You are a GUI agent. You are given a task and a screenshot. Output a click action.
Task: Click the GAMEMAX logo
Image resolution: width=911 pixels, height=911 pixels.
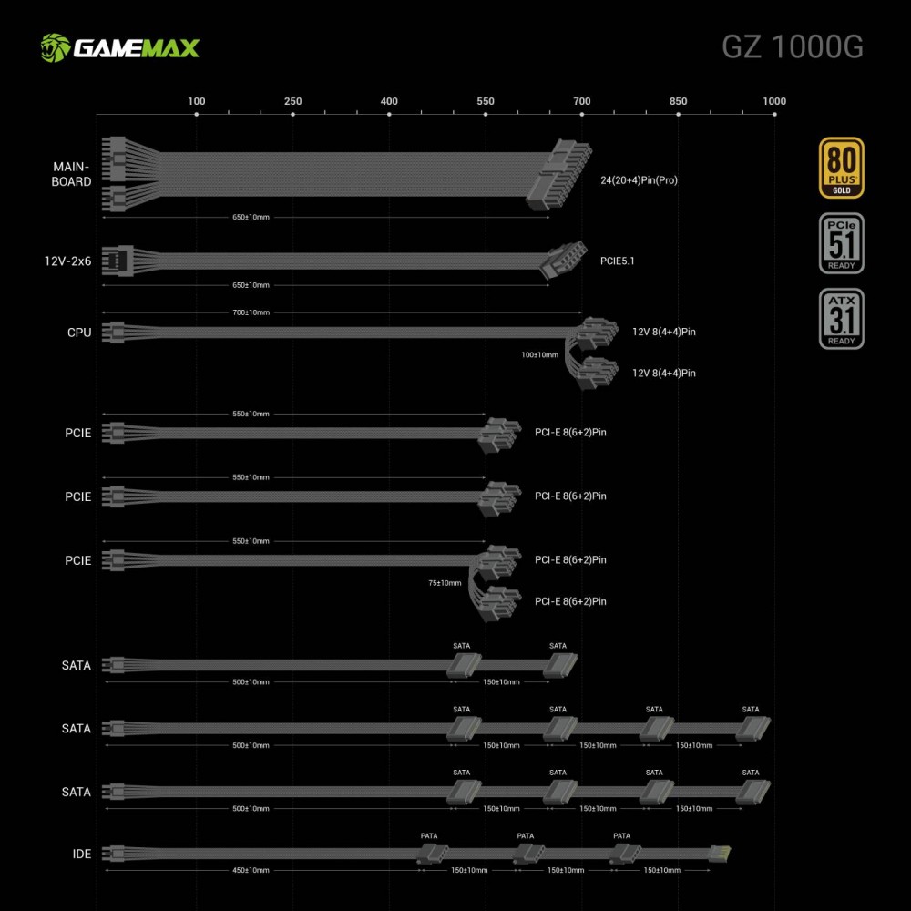[120, 47]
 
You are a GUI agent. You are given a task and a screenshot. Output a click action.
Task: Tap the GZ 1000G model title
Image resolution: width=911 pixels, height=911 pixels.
[793, 47]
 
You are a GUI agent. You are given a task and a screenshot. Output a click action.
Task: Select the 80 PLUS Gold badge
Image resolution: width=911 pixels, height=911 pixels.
[841, 168]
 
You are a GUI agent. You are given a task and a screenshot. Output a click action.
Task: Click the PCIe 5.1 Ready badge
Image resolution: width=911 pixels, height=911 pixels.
[841, 243]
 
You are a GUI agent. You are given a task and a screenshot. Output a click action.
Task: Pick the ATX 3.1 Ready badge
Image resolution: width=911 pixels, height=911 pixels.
[841, 319]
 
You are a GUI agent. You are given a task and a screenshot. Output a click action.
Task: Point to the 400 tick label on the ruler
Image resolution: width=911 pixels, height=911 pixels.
[389, 101]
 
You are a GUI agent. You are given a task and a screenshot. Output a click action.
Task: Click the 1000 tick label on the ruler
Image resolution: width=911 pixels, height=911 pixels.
[774, 101]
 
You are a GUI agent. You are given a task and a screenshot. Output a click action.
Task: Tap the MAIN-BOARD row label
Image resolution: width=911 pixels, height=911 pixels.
[71, 174]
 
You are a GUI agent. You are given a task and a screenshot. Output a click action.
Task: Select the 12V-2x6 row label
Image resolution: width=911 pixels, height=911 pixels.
[68, 261]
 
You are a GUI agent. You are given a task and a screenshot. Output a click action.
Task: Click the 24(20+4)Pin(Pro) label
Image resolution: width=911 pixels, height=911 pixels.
[640, 180]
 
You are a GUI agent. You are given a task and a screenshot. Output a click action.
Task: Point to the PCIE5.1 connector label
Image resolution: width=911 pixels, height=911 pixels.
[617, 261]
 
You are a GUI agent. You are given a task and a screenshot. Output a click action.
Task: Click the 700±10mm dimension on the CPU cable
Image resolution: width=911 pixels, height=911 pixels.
[251, 312]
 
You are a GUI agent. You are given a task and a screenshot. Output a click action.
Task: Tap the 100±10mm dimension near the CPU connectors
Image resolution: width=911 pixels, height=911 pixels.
[539, 355]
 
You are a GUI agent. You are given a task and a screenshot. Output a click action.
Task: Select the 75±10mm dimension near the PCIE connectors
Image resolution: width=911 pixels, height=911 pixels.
[445, 583]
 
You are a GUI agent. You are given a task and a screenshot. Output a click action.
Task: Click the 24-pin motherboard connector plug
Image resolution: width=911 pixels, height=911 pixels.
[558, 175]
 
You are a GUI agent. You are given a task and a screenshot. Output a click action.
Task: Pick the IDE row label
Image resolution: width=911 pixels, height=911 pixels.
[82, 855]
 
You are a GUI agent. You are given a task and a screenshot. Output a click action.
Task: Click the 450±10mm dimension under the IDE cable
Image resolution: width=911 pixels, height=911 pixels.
[251, 870]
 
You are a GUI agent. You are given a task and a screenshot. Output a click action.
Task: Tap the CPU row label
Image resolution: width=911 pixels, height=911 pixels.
[79, 333]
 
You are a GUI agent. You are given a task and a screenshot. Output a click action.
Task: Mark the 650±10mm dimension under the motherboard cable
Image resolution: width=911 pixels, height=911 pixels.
[251, 218]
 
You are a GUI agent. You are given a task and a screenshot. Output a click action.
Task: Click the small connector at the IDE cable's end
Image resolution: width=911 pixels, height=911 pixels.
[721, 855]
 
